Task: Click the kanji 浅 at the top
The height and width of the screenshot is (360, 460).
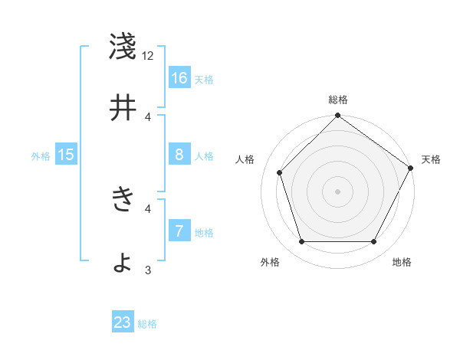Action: pos(123,47)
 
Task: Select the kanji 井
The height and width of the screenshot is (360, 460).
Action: pos(123,108)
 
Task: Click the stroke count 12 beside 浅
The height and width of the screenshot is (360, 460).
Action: pos(148,56)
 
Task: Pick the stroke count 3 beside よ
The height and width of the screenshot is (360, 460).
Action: pos(148,270)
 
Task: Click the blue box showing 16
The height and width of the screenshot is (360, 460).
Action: pos(179,78)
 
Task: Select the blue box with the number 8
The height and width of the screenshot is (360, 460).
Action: pos(179,155)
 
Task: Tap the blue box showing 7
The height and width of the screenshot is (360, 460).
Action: pos(179,231)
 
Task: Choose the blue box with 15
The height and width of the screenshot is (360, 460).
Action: pos(66,155)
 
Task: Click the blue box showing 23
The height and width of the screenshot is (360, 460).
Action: pos(123,322)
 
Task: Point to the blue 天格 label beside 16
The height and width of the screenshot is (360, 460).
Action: pos(204,80)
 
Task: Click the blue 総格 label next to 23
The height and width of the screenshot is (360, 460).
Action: pos(147,324)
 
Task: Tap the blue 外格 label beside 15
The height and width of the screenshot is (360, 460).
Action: pos(41,156)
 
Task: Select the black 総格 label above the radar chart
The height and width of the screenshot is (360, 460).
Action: pos(337,100)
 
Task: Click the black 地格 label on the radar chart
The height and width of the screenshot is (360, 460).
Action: pos(402,263)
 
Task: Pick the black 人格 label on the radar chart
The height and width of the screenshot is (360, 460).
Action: pos(245,159)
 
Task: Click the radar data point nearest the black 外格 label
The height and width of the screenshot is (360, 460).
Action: pos(301,242)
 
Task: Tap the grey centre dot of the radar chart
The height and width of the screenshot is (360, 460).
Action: pos(337,191)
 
